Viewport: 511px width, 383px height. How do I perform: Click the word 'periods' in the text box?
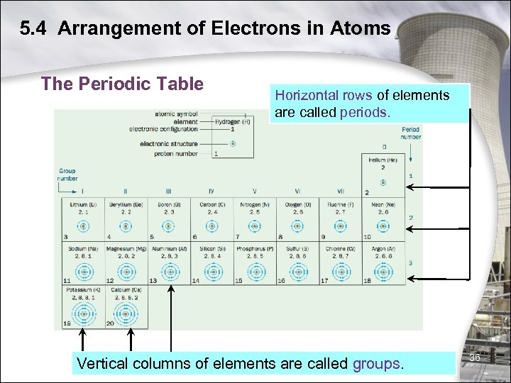[x=364, y=113]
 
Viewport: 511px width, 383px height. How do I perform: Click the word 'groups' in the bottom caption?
[x=378, y=364]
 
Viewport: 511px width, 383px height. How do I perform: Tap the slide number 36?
[x=475, y=357]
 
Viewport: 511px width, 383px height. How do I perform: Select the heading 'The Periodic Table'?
[x=122, y=84]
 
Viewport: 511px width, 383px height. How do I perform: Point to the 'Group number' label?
[x=67, y=174]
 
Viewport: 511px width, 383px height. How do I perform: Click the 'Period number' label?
[x=410, y=133]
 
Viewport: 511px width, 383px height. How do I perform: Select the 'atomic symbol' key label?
[x=176, y=113]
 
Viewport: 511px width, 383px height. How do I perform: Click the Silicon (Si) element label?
[x=211, y=249]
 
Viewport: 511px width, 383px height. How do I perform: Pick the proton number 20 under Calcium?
[x=110, y=323]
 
